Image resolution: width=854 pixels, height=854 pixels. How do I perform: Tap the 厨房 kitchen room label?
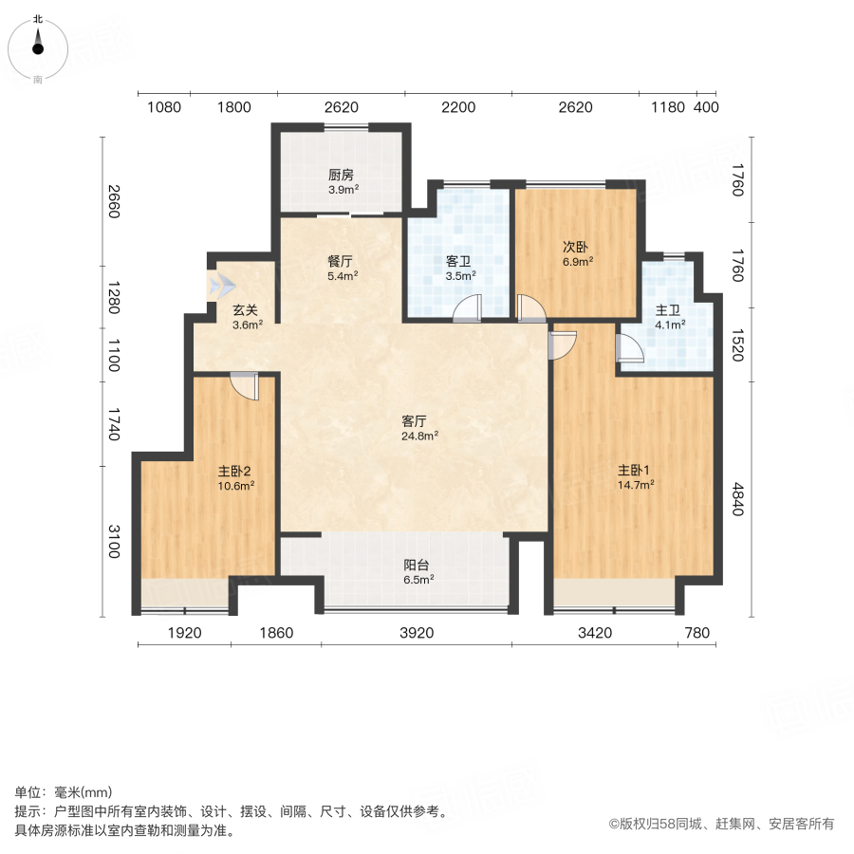(x=342, y=175)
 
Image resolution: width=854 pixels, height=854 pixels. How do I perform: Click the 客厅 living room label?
(x=413, y=421)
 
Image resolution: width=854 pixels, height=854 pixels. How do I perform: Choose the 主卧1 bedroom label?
(x=635, y=470)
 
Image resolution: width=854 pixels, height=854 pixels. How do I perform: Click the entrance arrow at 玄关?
(x=221, y=284)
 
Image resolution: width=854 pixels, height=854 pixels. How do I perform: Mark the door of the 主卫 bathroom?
(x=629, y=349)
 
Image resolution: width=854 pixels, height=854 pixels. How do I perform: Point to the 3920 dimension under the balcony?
(x=416, y=633)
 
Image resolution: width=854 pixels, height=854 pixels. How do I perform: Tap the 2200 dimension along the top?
(x=457, y=107)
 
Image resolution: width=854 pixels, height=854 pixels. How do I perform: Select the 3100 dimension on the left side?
(x=113, y=541)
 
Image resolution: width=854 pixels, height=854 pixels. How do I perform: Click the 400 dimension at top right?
(x=706, y=107)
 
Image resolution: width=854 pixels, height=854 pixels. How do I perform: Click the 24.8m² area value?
(x=419, y=436)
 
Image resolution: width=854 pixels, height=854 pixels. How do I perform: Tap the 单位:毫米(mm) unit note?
(x=64, y=793)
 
